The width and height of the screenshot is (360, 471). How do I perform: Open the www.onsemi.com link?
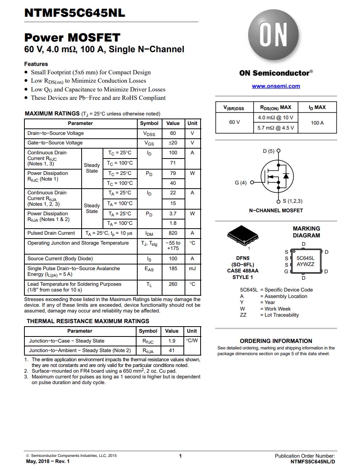(276, 86)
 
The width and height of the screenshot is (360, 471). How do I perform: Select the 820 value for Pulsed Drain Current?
(173, 233)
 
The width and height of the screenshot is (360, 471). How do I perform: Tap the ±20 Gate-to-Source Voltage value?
(173, 143)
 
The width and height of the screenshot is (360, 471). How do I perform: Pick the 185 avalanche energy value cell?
(173, 269)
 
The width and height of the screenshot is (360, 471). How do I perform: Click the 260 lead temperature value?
(173, 284)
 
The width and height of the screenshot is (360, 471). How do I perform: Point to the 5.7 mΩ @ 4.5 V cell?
(275, 128)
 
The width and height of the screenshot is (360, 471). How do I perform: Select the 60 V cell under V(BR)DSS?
(234, 122)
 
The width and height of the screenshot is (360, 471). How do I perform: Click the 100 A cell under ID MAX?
(317, 123)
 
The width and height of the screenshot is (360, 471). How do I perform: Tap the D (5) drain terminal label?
(268, 151)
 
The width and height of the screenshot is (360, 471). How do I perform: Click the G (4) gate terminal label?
(241, 183)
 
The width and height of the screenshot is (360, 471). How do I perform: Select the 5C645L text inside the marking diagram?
(305, 258)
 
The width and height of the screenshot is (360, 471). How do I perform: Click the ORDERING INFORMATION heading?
(276, 341)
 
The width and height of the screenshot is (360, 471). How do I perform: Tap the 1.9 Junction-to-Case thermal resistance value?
(172, 341)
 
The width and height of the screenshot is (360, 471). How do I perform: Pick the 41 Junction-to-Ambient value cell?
(172, 351)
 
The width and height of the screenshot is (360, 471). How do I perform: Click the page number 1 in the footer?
(180, 456)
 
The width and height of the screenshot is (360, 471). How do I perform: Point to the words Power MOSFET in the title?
(72, 38)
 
